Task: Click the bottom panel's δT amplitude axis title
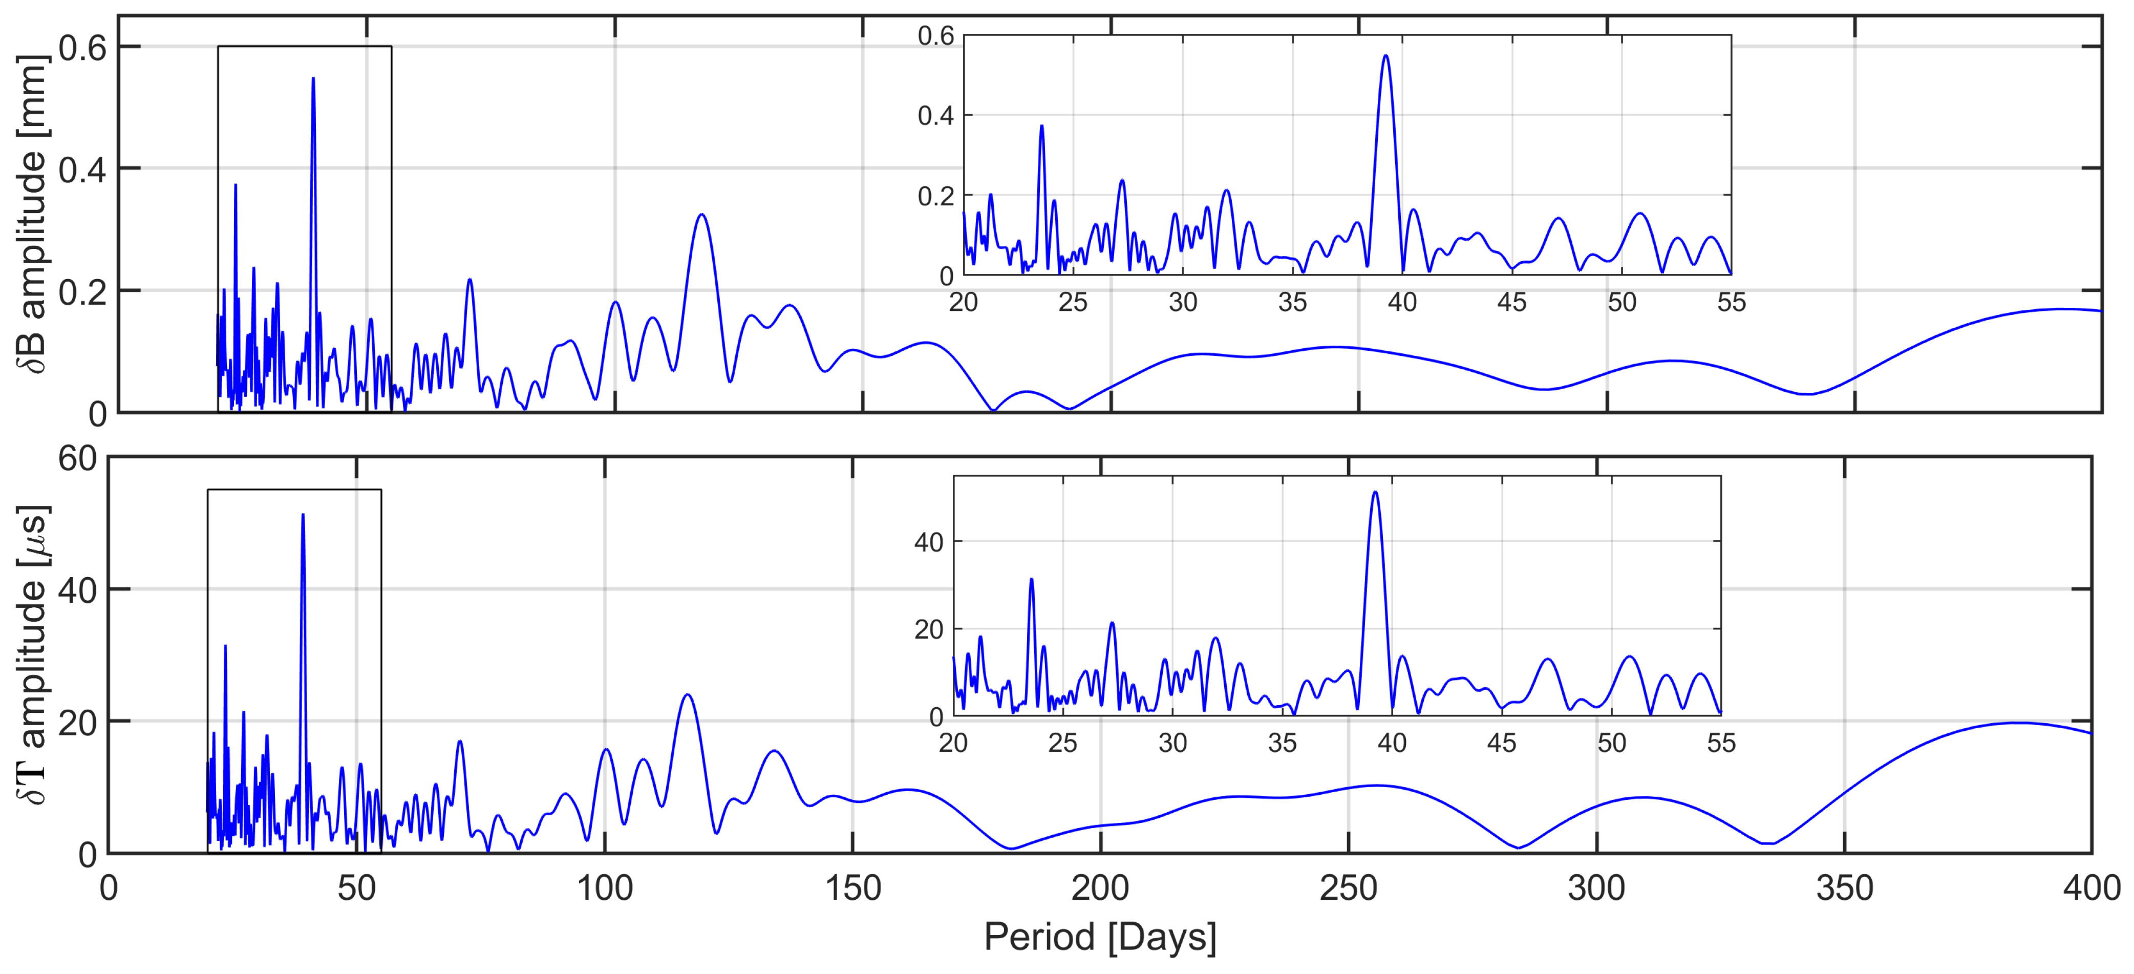click(x=33, y=654)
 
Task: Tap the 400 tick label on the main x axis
click(x=2091, y=888)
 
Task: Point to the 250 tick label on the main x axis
click(x=1348, y=888)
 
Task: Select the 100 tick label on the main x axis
click(x=604, y=888)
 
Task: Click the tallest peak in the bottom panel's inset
click(x=1375, y=493)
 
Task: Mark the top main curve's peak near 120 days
click(x=701, y=216)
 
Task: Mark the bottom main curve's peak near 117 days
click(x=687, y=695)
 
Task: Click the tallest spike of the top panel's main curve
click(x=313, y=79)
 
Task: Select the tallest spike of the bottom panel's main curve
click(x=303, y=515)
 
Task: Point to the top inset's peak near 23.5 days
click(x=1041, y=126)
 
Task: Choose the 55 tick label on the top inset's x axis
click(x=1731, y=302)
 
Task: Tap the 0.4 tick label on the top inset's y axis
click(x=935, y=116)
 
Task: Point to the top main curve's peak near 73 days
click(x=470, y=280)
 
